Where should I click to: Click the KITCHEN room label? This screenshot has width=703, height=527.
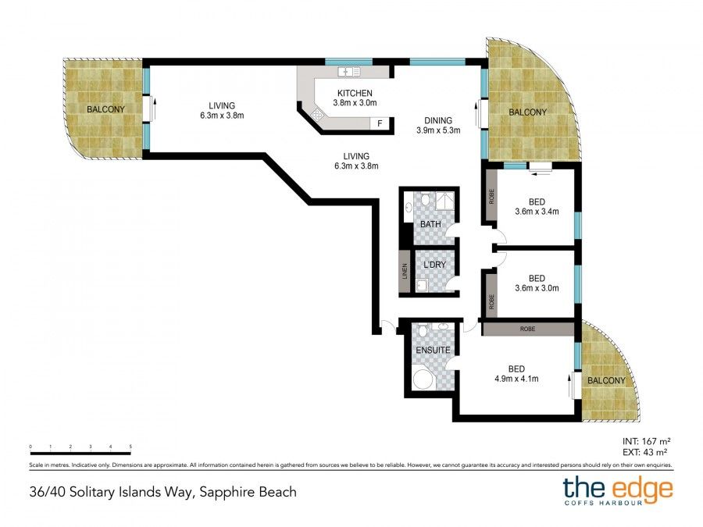(355, 93)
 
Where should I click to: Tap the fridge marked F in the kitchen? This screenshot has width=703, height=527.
(380, 123)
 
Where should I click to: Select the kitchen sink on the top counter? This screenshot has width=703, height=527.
(349, 71)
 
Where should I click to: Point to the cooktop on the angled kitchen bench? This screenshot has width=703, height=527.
(318, 115)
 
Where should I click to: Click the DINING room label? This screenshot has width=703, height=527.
(438, 120)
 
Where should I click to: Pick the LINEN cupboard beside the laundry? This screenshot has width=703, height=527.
(405, 272)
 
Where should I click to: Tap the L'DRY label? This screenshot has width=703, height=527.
(434, 265)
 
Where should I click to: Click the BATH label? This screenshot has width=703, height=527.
(430, 224)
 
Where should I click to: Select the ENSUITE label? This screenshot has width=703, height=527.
(433, 350)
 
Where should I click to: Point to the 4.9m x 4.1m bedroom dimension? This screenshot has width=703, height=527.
(516, 379)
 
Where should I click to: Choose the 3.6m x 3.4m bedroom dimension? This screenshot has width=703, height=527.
(537, 212)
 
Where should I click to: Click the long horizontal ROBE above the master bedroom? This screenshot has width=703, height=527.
(528, 329)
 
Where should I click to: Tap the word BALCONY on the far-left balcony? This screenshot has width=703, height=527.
(105, 109)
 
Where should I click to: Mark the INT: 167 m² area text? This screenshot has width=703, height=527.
(646, 441)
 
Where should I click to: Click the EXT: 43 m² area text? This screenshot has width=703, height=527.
(644, 453)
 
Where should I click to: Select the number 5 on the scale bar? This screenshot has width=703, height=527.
(130, 447)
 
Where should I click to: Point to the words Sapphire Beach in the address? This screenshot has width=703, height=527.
(248, 492)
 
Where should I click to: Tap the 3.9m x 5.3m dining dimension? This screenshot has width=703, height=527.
(438, 130)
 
